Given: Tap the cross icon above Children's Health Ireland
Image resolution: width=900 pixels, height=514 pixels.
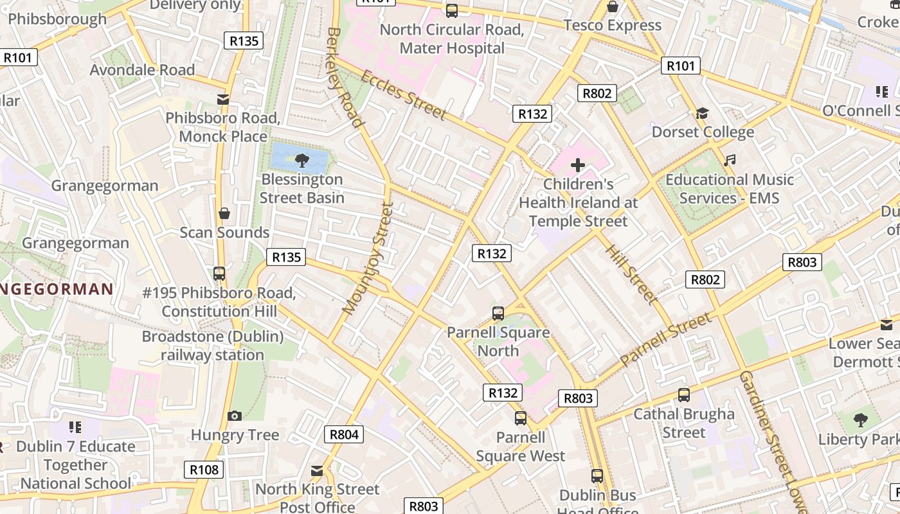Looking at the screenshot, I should (578, 165).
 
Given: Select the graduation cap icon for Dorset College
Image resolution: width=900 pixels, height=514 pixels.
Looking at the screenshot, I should (702, 114).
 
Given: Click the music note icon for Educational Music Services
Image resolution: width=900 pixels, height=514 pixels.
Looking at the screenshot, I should (729, 161).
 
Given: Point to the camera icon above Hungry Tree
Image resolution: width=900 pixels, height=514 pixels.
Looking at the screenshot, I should (235, 416).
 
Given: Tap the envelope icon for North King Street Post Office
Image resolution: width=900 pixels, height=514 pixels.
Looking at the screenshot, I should (317, 470).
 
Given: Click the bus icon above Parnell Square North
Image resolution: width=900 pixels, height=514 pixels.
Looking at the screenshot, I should (498, 314).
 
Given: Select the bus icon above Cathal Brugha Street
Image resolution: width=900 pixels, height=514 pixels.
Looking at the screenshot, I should (684, 395).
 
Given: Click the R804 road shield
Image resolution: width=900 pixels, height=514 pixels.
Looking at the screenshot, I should (344, 434).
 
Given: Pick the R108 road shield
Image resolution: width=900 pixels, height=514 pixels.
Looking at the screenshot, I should (204, 470).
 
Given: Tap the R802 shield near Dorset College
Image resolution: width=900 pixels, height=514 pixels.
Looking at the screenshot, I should (597, 93).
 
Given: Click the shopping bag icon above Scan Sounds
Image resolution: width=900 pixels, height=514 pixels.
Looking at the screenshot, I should (224, 213).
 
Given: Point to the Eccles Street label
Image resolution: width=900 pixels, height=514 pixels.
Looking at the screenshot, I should (403, 95).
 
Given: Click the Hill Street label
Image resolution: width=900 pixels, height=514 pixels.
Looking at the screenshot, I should (631, 274).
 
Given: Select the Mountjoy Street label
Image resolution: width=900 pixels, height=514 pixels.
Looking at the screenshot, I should (367, 258).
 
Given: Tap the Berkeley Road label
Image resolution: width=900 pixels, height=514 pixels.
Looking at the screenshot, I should (345, 77).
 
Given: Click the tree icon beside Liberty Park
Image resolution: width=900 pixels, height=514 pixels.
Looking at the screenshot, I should (860, 421).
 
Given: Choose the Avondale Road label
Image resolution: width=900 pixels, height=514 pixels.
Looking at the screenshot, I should (142, 69).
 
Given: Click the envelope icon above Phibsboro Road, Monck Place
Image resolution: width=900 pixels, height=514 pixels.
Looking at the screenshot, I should (223, 100).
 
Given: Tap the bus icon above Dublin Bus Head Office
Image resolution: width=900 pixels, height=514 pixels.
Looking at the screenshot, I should (597, 476).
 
